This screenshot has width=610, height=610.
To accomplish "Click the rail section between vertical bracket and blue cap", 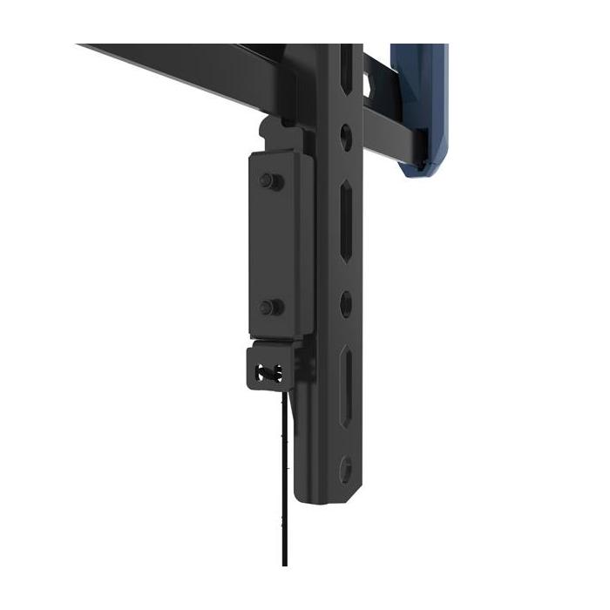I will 383,131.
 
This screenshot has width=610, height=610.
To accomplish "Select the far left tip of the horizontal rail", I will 81,46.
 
